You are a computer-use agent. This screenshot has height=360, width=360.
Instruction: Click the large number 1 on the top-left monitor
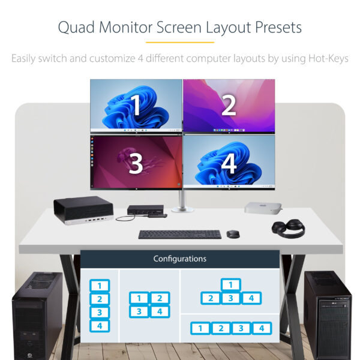coord(136,105)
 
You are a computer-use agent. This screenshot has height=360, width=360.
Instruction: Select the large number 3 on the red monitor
coord(136,162)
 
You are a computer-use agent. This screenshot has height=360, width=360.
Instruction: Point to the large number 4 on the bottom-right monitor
coord(229,163)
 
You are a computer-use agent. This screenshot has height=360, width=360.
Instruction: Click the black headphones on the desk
coord(288,228)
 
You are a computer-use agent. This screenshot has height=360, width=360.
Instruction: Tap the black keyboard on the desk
coord(179,234)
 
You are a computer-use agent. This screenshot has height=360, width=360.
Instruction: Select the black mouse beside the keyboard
coord(233,233)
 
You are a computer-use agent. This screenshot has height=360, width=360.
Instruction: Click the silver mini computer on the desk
coord(263,208)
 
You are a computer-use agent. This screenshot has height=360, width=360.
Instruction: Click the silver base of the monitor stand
coord(183,208)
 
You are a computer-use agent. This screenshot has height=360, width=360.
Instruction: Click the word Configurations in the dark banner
coord(179,259)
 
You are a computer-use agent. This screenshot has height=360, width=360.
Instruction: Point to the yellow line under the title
coord(179,42)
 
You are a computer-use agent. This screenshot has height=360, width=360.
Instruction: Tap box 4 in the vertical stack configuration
coord(100,326)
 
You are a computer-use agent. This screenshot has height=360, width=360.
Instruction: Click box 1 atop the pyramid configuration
coord(231,284)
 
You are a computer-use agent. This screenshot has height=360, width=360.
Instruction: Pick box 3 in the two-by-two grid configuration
coord(139,311)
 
